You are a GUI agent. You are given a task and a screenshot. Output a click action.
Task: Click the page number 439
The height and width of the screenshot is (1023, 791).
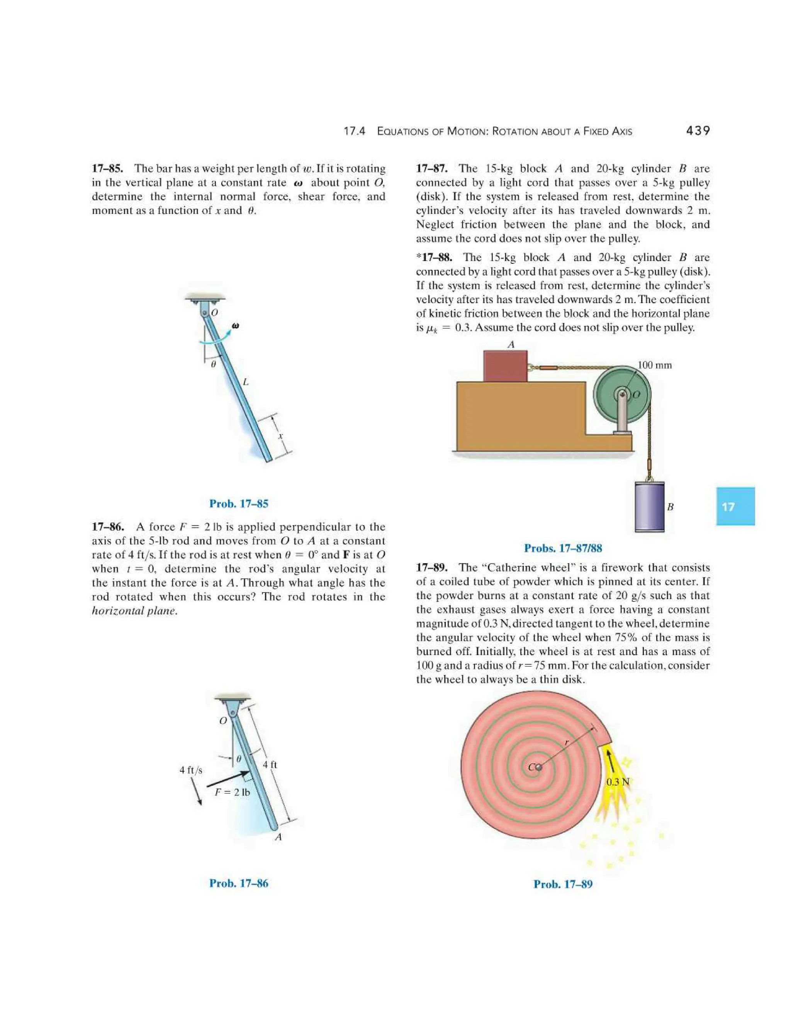(697, 131)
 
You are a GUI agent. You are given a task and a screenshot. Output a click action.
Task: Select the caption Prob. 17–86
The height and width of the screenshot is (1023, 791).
(239, 883)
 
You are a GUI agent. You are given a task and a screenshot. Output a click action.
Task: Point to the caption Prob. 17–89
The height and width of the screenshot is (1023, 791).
(563, 884)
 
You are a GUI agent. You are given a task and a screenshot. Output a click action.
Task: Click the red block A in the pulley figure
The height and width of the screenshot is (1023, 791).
(505, 366)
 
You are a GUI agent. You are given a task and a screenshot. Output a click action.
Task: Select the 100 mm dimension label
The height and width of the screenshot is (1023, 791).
(655, 365)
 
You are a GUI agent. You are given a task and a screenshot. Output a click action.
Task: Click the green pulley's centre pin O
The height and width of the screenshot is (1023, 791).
(622, 395)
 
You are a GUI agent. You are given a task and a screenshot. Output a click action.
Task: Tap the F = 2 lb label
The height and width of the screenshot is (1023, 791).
(233, 792)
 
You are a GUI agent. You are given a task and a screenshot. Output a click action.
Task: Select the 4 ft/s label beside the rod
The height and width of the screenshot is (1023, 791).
(191, 770)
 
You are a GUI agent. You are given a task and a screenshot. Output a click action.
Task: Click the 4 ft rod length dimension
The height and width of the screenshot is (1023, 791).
(270, 764)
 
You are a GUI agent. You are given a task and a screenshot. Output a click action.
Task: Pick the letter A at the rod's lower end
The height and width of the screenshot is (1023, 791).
(278, 837)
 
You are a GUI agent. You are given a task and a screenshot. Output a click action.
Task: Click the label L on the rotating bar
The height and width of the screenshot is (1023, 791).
(245, 382)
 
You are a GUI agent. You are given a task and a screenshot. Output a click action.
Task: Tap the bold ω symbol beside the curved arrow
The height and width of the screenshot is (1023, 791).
(236, 325)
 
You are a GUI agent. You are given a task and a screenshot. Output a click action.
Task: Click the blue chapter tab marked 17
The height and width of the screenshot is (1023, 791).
(735, 506)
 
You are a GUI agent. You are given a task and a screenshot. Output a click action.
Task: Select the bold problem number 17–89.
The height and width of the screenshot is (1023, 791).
(431, 568)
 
